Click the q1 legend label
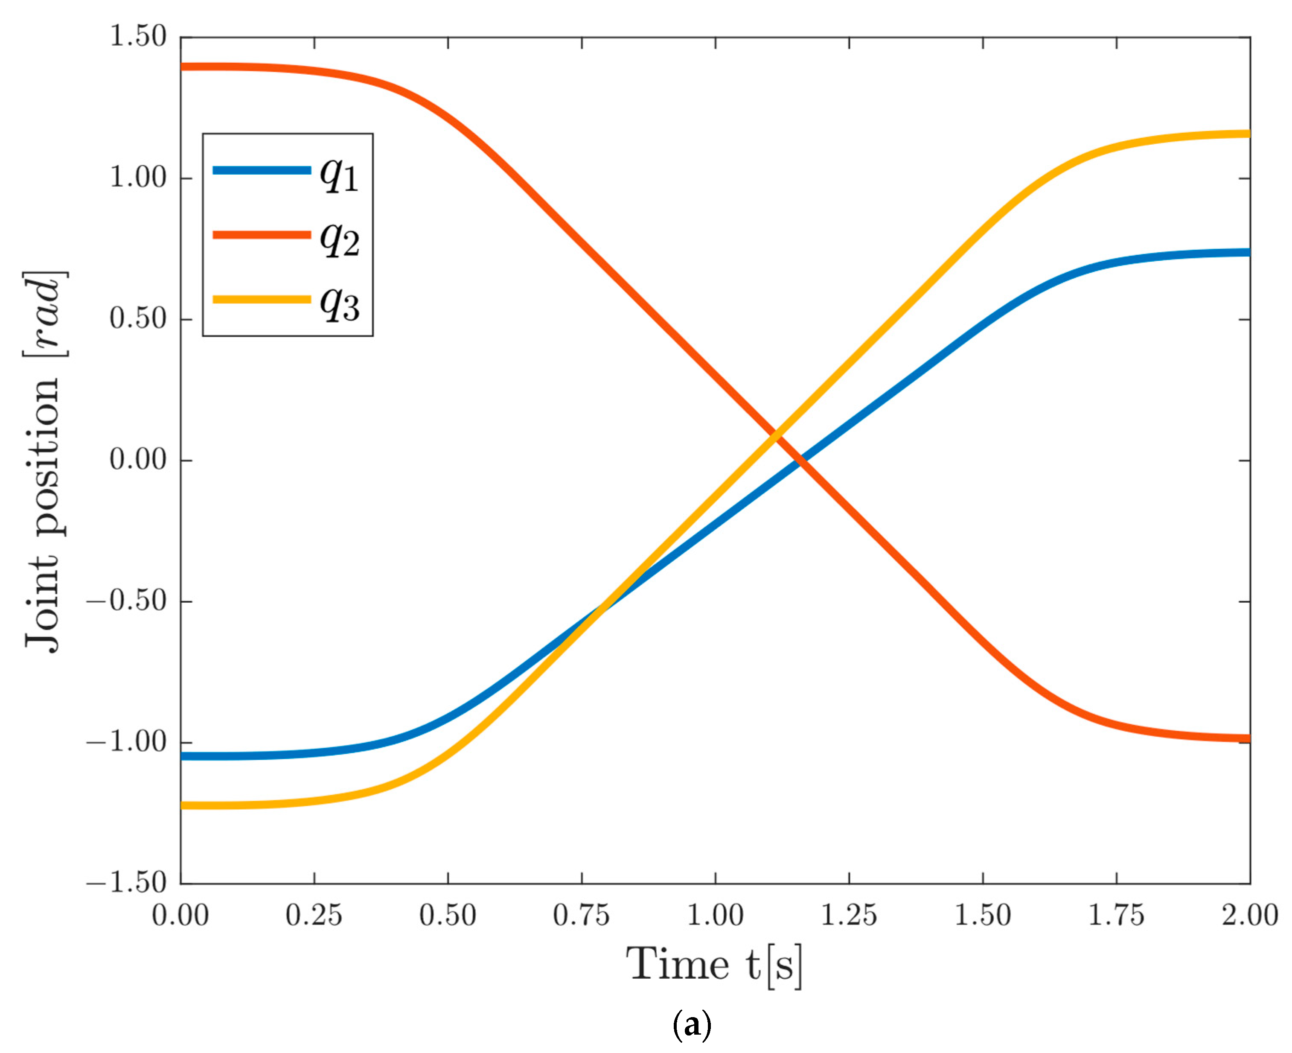click(340, 175)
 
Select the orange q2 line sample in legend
click(262, 235)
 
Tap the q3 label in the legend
click(340, 303)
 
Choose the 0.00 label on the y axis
click(138, 460)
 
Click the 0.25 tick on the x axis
click(314, 915)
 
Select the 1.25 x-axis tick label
click(848, 915)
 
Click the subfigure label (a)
click(692, 1026)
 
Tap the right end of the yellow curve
click(1248, 134)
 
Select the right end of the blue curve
click(1248, 252)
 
